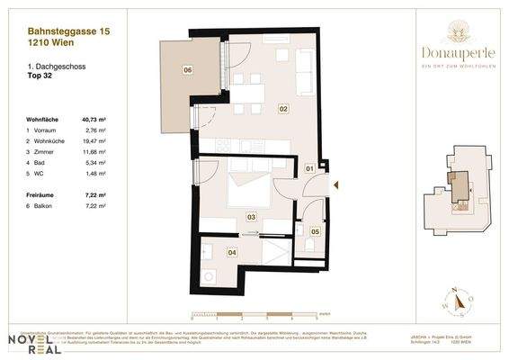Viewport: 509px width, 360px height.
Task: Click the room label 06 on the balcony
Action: pyautogui.click(x=187, y=69)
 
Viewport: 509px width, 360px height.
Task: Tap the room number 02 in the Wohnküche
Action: pyautogui.click(x=282, y=109)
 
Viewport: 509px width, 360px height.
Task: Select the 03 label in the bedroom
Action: pyautogui.click(x=251, y=216)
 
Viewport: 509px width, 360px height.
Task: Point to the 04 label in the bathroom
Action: pyautogui.click(x=233, y=253)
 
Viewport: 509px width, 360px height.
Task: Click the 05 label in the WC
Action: pyautogui.click(x=314, y=231)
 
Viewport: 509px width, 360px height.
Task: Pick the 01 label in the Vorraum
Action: pyautogui.click(x=308, y=168)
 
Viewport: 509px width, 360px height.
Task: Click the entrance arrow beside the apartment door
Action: pyautogui.click(x=335, y=185)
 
